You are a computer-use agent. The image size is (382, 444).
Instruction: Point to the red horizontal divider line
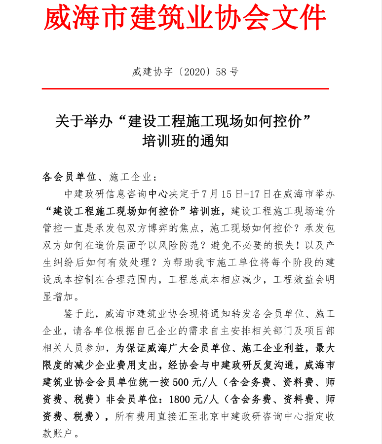point(185,89)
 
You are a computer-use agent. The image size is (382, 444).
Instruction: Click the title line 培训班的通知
point(185,141)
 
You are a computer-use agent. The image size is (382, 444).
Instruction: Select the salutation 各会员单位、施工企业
point(98,177)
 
